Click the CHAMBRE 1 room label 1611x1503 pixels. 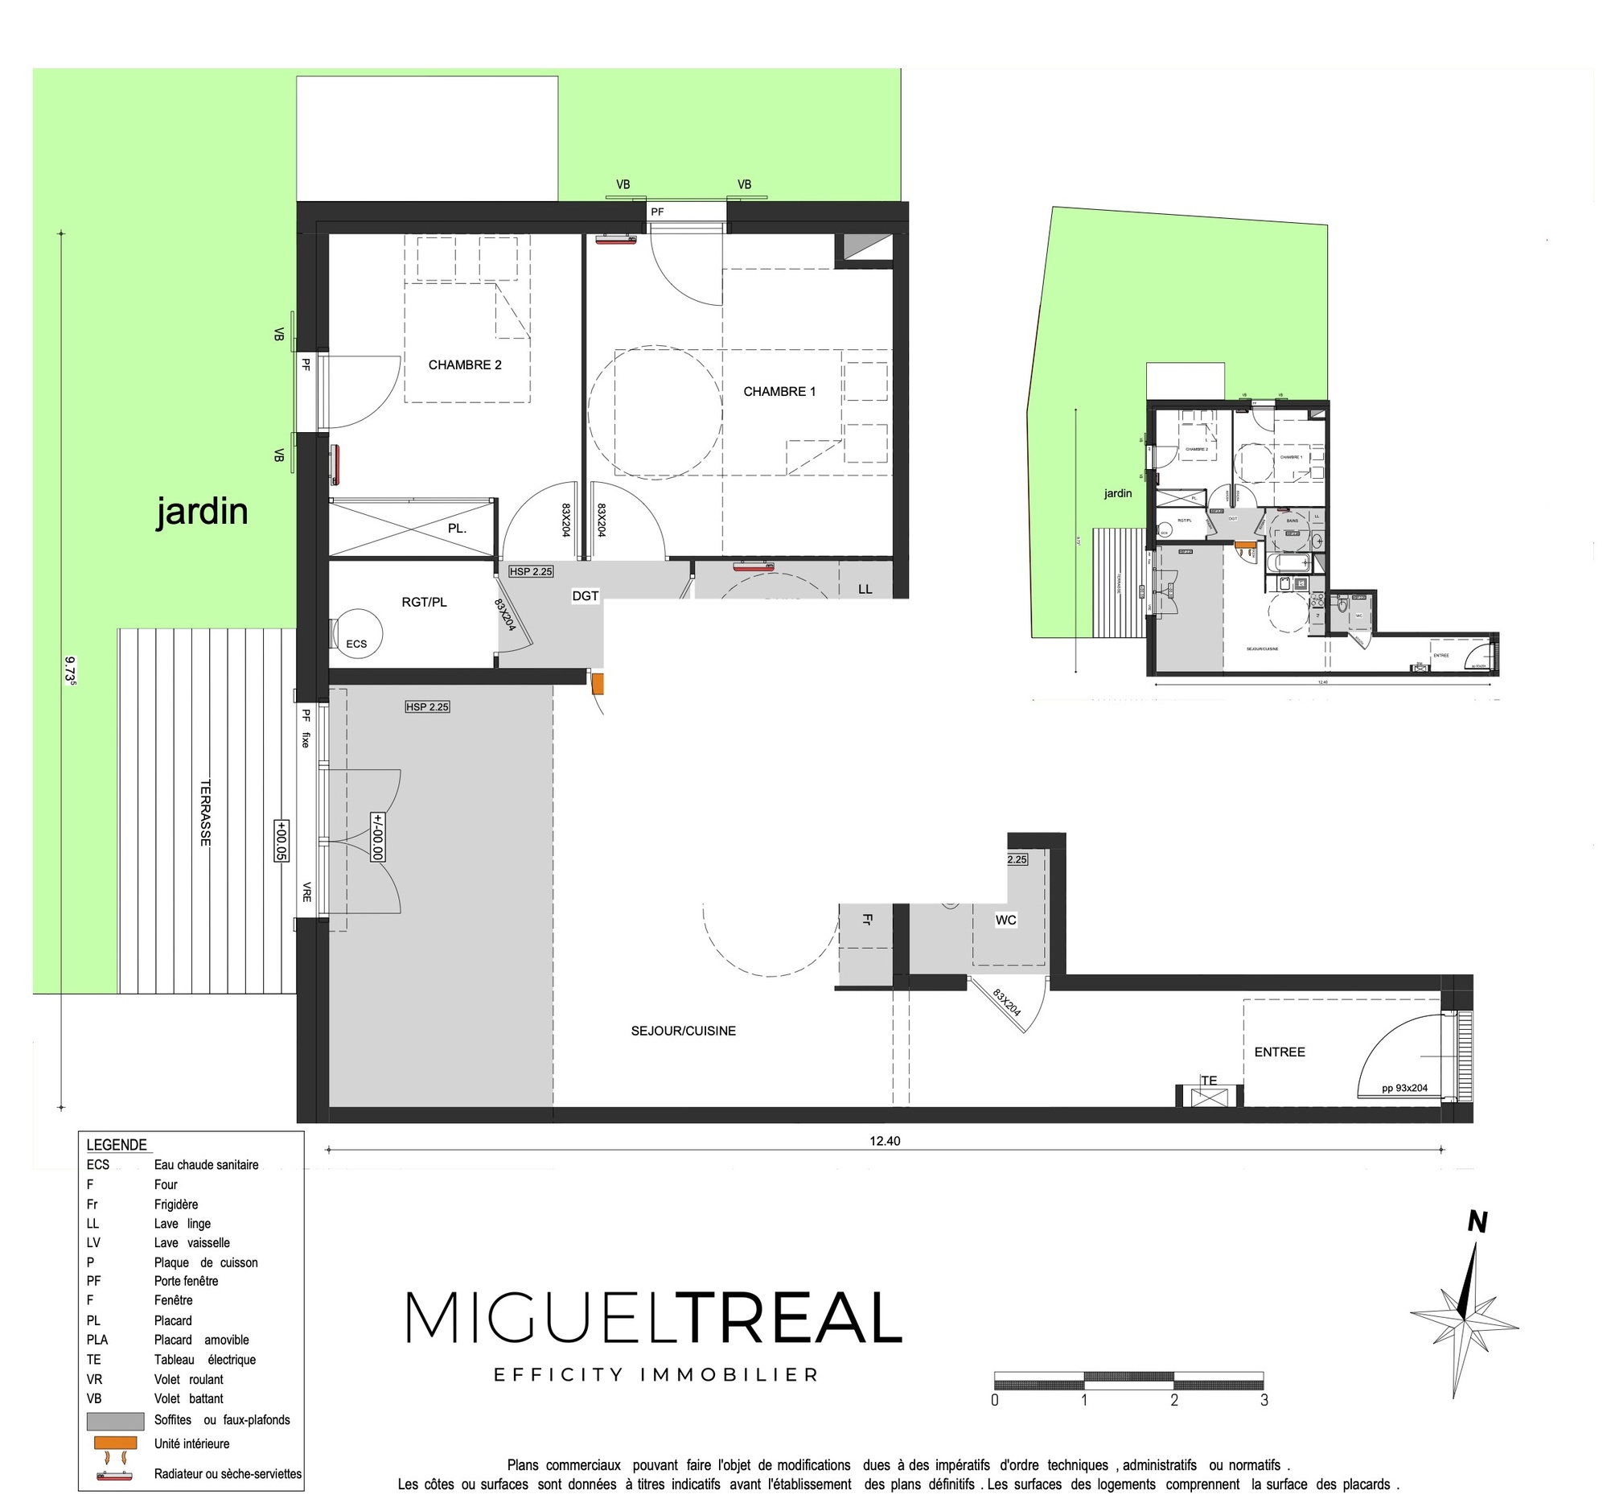779,392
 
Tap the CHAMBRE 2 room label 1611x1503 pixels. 464,364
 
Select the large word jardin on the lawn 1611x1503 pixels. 202,512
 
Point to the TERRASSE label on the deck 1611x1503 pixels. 206,813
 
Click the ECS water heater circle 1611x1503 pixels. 357,632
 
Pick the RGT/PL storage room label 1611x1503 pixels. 424,603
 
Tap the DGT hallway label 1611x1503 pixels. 585,596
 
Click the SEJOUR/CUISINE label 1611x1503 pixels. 683,1032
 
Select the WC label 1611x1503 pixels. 1005,920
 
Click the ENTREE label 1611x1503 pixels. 1280,1052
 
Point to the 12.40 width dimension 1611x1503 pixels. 885,1141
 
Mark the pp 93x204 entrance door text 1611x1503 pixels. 1404,1088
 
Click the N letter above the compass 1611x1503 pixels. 1477,1221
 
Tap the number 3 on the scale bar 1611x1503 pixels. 1264,1400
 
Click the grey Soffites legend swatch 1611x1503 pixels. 115,1421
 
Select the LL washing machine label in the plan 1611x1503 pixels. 865,589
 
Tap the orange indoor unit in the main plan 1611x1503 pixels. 598,683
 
